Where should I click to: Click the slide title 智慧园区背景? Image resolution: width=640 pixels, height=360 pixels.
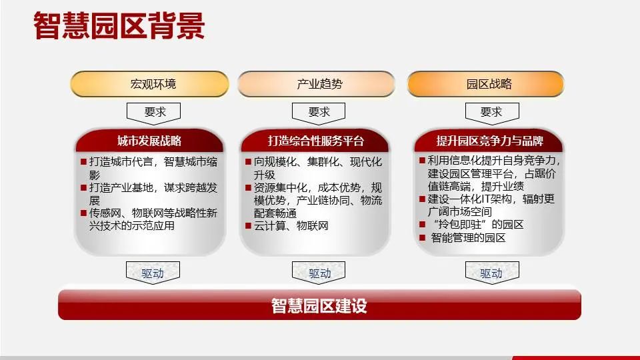[119, 27]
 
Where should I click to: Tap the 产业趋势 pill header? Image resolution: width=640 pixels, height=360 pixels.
[319, 84]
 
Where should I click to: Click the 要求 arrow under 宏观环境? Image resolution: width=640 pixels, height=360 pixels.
[153, 113]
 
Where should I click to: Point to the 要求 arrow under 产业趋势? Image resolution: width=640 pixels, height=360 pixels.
[319, 113]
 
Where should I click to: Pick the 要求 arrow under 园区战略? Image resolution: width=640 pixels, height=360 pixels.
[490, 113]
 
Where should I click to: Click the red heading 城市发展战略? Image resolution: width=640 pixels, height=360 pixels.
[149, 141]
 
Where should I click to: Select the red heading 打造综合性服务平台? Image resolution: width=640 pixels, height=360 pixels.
[316, 141]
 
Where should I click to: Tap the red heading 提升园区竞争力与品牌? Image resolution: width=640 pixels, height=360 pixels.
[489, 141]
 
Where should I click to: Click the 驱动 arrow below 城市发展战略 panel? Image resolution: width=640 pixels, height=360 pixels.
[153, 273]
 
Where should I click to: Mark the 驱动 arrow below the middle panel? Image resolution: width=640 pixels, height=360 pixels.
[319, 273]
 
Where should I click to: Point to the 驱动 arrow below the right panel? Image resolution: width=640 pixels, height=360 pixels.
[491, 273]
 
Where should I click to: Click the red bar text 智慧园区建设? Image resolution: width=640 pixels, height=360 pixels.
[319, 307]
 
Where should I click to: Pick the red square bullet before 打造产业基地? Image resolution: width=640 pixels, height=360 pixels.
[83, 188]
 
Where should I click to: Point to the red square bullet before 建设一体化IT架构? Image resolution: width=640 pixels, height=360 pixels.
[423, 199]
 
